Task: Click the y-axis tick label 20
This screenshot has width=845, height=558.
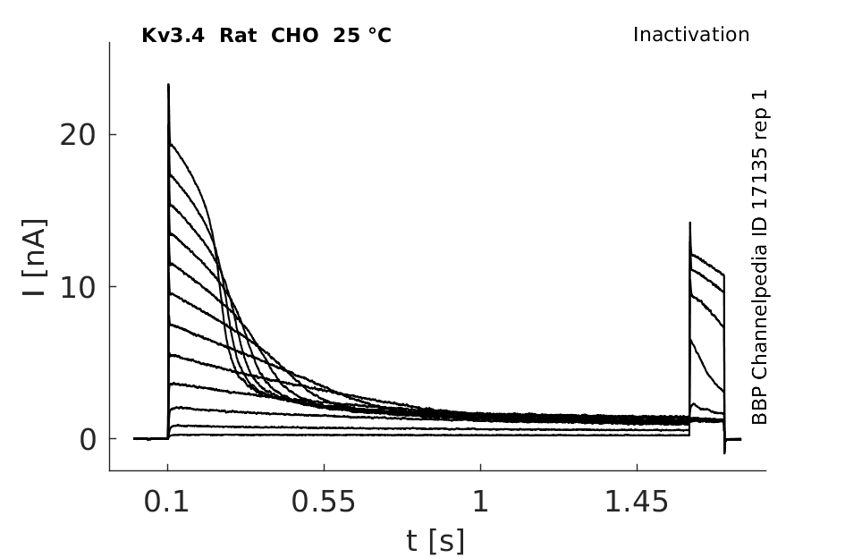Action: (77, 135)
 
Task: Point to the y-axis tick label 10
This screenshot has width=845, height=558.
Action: (77, 287)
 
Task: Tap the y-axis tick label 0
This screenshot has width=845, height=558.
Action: (88, 440)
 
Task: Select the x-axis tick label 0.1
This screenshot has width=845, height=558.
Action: (166, 503)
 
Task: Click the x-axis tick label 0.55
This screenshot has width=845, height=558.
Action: (324, 503)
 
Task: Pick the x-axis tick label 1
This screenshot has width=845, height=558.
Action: (481, 503)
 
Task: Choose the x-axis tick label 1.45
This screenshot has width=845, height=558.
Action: (637, 503)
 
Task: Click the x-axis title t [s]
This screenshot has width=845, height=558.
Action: (435, 541)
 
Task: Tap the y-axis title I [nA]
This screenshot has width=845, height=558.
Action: (36, 258)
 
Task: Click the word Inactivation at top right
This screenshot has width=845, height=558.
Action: (691, 35)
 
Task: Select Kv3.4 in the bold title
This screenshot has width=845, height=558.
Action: (173, 36)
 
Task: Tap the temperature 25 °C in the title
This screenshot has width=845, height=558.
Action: (362, 36)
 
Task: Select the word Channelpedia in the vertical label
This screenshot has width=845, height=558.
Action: (759, 311)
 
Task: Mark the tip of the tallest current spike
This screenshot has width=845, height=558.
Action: (168, 84)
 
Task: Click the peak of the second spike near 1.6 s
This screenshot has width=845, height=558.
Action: (689, 222)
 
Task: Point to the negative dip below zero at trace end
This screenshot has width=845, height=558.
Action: (724, 452)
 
